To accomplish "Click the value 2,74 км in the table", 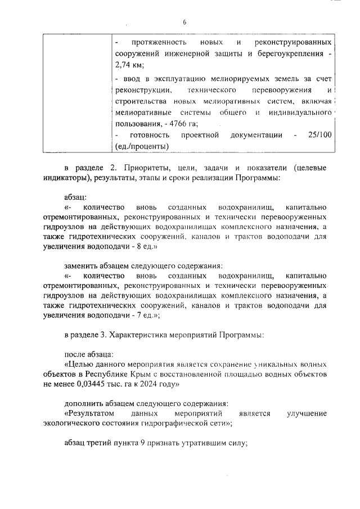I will click(x=128, y=66).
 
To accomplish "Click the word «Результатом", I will click(x=92, y=414).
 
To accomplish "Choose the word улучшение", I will click(x=307, y=414).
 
